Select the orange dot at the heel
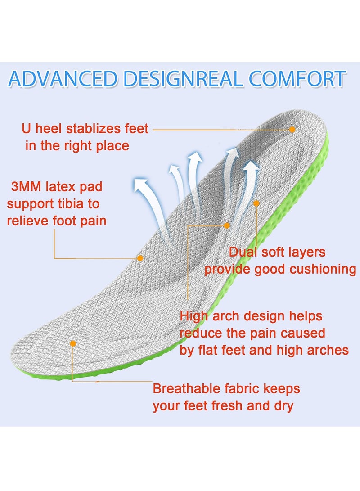coord(292,129)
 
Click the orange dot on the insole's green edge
coord(256,203)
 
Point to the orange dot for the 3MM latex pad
coord(140,258)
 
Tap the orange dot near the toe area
coord(73,343)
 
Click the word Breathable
coord(185,388)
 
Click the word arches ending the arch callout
coord(328,350)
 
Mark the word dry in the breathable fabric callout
coord(283,406)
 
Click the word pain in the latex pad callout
coord(91,221)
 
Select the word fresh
coord(228,406)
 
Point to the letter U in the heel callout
coord(26,129)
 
